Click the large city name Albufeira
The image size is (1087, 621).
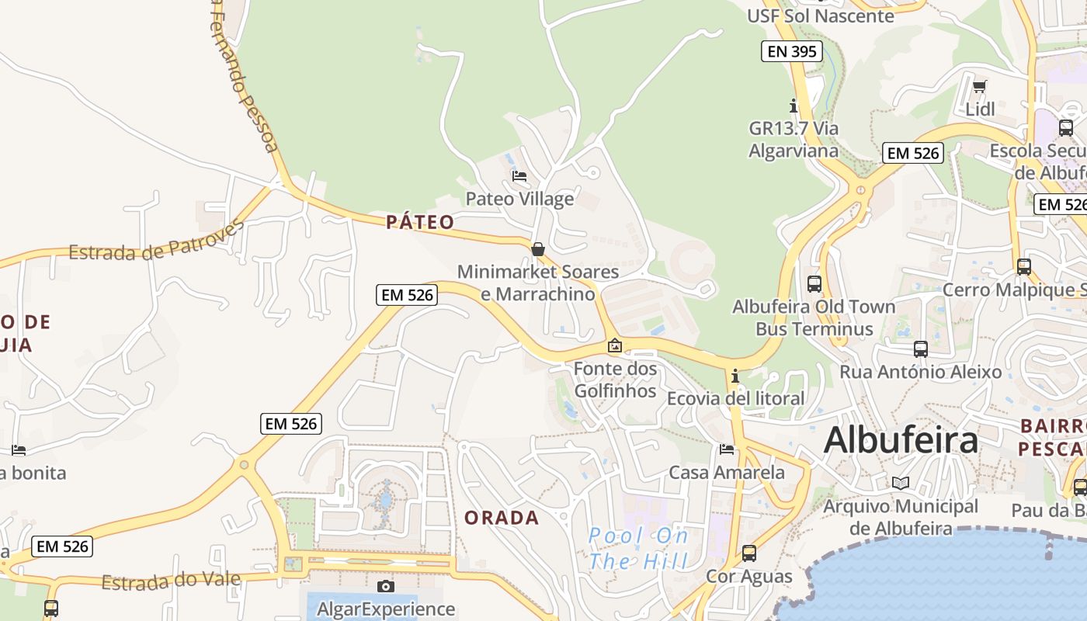901,440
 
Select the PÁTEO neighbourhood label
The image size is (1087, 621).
420,222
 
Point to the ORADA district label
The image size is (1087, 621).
502,518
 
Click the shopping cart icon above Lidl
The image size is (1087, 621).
980,86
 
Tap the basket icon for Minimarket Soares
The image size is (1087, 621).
537,249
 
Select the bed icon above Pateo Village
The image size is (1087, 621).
519,176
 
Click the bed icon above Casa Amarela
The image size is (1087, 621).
727,449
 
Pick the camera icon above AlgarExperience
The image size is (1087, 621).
386,586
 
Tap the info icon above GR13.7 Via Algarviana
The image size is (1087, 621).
794,105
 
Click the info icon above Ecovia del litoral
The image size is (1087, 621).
735,376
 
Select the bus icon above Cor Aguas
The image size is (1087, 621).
749,553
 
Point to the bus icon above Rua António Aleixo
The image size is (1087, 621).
921,349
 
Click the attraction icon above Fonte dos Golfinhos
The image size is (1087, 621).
615,345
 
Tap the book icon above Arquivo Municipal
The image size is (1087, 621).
901,484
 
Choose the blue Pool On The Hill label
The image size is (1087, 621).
638,548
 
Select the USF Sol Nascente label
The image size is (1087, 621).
820,16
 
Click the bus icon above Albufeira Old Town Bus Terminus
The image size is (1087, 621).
814,284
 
